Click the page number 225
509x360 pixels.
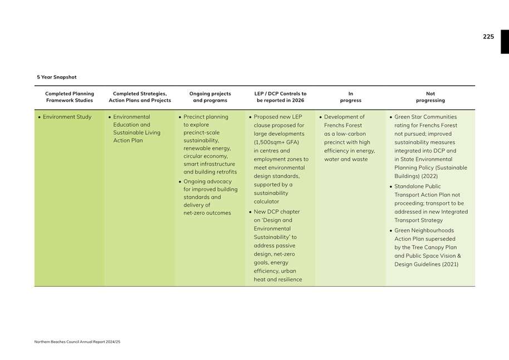point(488,37)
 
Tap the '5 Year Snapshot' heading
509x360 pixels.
point(57,77)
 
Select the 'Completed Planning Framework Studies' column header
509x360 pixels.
point(70,97)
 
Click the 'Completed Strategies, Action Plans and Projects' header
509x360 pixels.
point(140,97)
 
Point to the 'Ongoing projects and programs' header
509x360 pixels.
point(210,97)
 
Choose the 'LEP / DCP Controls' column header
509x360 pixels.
point(280,97)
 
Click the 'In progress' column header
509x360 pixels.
point(350,97)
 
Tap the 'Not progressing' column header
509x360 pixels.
point(430,97)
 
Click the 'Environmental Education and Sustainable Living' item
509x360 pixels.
point(136,129)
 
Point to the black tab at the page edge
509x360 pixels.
point(505,42)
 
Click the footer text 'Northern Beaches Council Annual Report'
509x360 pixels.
point(77,342)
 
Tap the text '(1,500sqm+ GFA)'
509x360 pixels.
point(276,142)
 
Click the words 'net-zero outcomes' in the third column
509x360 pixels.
point(207,213)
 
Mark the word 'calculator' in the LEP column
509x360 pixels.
point(266,201)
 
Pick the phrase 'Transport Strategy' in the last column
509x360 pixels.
point(418,220)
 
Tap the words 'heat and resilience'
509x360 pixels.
point(278,279)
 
